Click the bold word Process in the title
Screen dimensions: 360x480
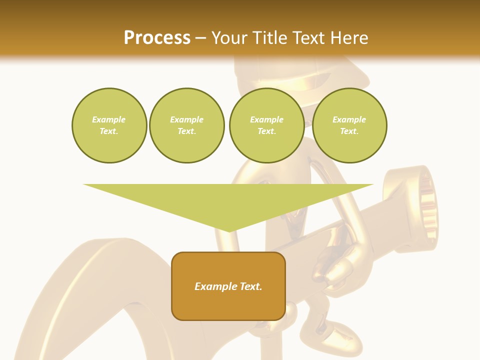(x=157, y=38)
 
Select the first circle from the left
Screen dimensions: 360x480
(x=109, y=125)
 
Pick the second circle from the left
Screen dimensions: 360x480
(x=187, y=125)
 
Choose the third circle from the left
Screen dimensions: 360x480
(x=266, y=125)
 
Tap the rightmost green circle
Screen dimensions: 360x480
(x=349, y=125)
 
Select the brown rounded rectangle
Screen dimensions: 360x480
(x=228, y=286)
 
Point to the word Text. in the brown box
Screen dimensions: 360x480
(x=250, y=286)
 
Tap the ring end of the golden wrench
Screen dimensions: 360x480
(x=417, y=205)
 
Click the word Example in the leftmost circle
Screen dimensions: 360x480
(x=109, y=119)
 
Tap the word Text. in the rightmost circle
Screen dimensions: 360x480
(x=349, y=131)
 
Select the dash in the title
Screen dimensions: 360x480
(x=201, y=38)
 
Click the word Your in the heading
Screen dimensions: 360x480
(x=229, y=38)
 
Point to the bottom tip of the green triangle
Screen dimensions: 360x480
(x=228, y=231)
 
